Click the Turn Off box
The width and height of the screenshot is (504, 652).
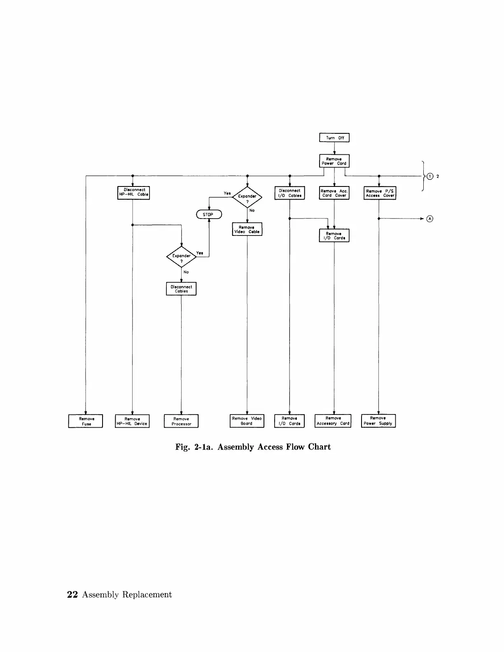(334, 138)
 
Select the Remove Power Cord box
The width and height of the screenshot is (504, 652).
(334, 161)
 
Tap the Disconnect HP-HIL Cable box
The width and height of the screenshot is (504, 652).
(133, 193)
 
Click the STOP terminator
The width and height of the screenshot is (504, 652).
(209, 214)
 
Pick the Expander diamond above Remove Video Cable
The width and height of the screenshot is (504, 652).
(247, 197)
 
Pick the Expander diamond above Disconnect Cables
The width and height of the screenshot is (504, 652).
(181, 256)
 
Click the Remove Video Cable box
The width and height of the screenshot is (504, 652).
(247, 229)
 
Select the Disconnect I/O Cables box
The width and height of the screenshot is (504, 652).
(289, 193)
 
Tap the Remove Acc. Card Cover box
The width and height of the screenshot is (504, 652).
(334, 193)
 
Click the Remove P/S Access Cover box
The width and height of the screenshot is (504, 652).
(380, 193)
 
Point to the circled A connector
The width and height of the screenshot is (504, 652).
(430, 219)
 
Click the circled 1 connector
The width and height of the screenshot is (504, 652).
(430, 176)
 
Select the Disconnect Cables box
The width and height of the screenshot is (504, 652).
(181, 289)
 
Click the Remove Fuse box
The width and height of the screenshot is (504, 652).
(86, 421)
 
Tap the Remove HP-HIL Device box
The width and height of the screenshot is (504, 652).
(132, 421)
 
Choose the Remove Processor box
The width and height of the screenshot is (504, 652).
(181, 421)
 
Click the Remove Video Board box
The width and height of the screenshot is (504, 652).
(247, 421)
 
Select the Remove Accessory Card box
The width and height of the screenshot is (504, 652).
(333, 421)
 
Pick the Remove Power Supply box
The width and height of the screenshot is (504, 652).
(378, 421)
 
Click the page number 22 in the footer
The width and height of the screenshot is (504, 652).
(72, 595)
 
